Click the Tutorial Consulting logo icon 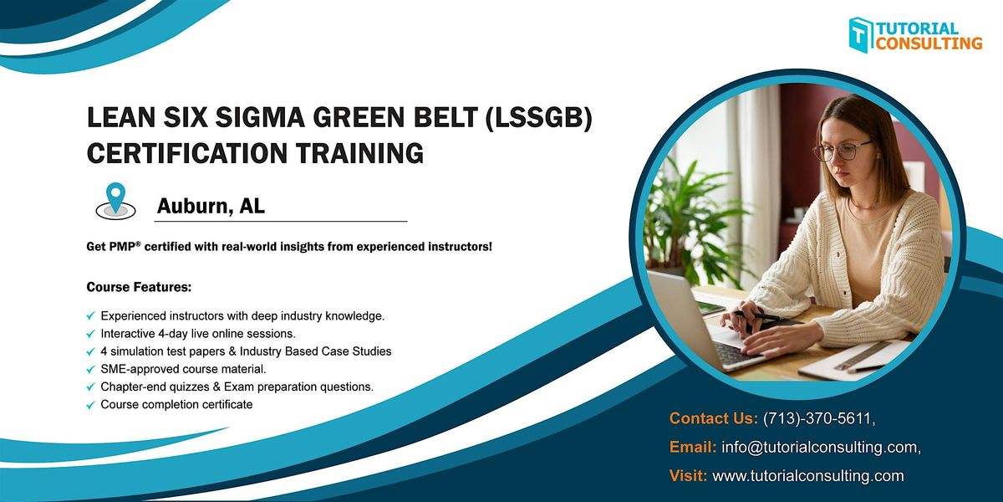pos(861,34)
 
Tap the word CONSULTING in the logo pos(929,43)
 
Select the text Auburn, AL pos(211,207)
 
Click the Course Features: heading pos(139,287)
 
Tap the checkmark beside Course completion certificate pos(90,406)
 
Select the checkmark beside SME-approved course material pos(90,370)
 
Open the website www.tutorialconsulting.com pos(807,476)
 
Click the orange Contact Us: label pos(713,417)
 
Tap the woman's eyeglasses pos(842,151)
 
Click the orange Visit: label pos(688,476)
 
